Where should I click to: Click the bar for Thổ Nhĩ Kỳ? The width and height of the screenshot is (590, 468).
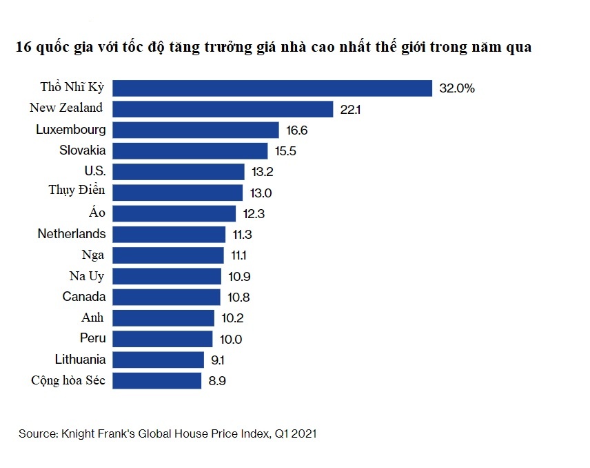point(272,88)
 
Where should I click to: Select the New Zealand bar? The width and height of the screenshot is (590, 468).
point(223,109)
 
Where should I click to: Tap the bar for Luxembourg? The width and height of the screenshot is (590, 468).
point(196,130)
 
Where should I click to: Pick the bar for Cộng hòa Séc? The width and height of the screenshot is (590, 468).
point(157,380)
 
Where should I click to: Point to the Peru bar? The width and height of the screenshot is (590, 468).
point(163,339)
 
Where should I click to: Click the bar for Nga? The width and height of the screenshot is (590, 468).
point(168,255)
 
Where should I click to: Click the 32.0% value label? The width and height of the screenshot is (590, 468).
point(456,88)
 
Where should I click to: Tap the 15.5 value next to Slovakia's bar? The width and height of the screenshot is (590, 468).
point(285,151)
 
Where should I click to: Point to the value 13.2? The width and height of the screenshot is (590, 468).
point(263,172)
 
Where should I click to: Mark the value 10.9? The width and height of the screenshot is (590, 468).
point(239,276)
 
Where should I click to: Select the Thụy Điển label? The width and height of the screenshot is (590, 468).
point(77,191)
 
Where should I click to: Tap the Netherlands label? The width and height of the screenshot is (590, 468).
point(72,233)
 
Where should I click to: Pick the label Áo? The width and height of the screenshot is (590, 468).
point(97,213)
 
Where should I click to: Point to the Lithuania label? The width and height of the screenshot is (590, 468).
point(80,359)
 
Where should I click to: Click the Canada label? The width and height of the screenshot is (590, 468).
point(84,297)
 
